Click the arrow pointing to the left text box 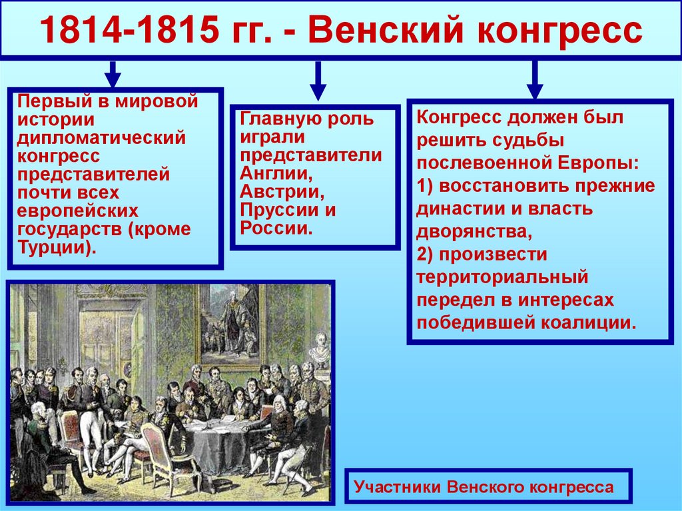pos(113,74)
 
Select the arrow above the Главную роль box pos(318,81)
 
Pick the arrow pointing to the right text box pos(534,79)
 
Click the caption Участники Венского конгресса pos(484,487)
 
